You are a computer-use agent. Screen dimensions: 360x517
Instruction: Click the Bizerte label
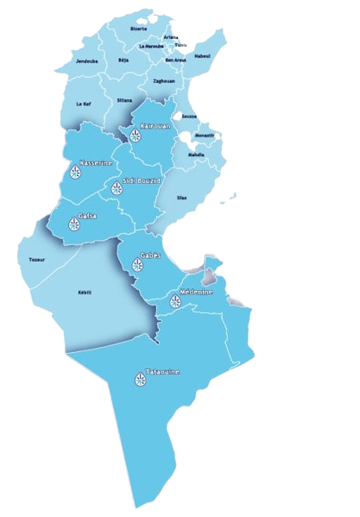[138, 28]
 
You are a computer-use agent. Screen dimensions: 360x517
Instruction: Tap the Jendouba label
[86, 61]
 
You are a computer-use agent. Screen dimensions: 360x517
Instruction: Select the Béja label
[123, 61]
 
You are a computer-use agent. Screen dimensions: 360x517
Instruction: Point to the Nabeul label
[204, 55]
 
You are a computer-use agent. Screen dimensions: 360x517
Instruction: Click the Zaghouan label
[163, 80]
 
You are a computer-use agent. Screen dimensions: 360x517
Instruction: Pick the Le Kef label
[83, 104]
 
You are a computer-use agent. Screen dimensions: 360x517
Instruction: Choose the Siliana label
[124, 100]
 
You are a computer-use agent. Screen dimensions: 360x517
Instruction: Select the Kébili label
[85, 292]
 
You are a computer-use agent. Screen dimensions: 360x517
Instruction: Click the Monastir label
[205, 136]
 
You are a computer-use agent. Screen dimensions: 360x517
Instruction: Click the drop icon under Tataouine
[140, 378]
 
